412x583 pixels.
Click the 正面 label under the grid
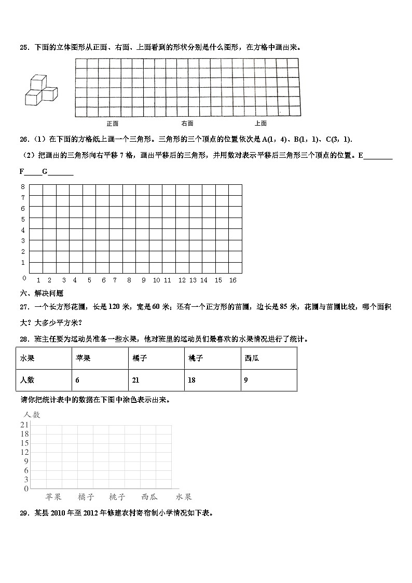pyautogui.click(x=113, y=124)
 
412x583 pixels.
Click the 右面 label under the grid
pyautogui.click(x=187, y=124)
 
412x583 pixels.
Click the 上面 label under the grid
pyautogui.click(x=260, y=124)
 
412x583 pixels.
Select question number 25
pyautogui.click(x=24, y=47)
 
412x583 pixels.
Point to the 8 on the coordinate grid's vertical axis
pyautogui.click(x=23, y=186)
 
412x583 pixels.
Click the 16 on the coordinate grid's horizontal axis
pyautogui.click(x=232, y=280)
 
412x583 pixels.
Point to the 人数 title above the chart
pyautogui.click(x=32, y=415)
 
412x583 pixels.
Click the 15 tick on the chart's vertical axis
pyautogui.click(x=24, y=443)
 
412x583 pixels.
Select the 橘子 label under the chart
pyautogui.click(x=86, y=497)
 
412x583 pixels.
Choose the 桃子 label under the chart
pyautogui.click(x=117, y=497)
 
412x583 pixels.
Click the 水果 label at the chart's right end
pyautogui.click(x=184, y=497)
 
